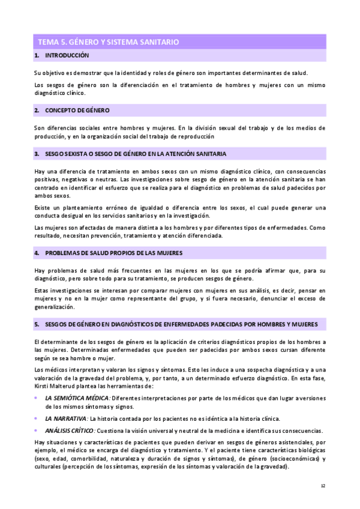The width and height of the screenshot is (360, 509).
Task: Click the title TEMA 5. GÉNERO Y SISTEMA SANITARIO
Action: tap(108, 42)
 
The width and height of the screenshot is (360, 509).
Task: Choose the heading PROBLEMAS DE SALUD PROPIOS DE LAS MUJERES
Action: tap(113, 253)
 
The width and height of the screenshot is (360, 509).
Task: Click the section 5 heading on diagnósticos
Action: tap(181, 324)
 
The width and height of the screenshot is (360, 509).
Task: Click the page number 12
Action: tap(323, 486)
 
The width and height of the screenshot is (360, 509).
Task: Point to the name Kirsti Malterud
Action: tap(55, 386)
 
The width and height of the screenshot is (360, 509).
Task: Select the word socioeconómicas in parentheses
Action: tap(283, 459)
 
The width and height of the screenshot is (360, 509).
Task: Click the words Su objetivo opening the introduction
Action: tap(47, 73)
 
